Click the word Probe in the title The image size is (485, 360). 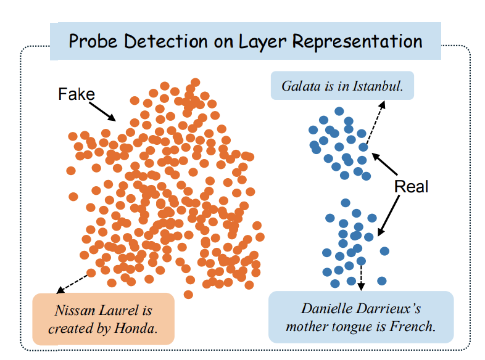click(x=93, y=41)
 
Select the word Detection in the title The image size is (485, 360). click(x=165, y=41)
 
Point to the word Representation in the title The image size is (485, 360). click(x=357, y=42)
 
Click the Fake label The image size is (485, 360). click(x=77, y=94)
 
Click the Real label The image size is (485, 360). click(x=411, y=186)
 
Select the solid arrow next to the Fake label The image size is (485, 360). click(x=102, y=112)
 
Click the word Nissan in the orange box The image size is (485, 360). click(x=75, y=310)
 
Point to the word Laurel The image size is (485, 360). click(x=118, y=310)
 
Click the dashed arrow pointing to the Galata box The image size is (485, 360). click(x=375, y=123)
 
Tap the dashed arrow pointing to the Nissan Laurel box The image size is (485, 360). click(x=73, y=284)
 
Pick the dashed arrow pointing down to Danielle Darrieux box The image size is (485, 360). click(x=361, y=277)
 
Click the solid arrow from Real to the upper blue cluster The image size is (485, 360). click(x=384, y=164)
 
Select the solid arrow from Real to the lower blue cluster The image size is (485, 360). click(x=389, y=215)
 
